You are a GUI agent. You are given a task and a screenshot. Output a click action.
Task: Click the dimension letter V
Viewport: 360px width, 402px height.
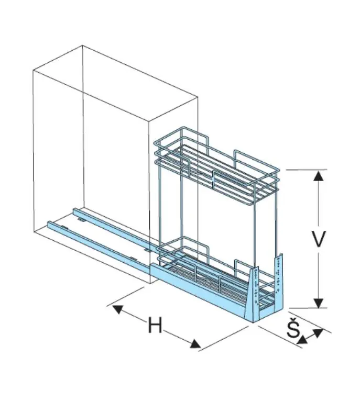pyautogui.click(x=319, y=239)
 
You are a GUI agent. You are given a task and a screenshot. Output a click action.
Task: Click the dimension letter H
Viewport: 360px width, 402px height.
pyautogui.click(x=155, y=325)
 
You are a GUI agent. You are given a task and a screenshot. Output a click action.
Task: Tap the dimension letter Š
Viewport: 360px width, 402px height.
pyautogui.click(x=293, y=328)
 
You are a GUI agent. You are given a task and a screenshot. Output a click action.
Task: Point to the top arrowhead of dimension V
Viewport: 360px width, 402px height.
pyautogui.click(x=319, y=176)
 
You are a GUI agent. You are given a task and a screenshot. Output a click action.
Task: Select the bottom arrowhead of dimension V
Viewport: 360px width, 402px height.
pyautogui.click(x=319, y=303)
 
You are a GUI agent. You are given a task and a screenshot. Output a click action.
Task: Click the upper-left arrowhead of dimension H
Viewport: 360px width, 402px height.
pyautogui.click(x=117, y=309)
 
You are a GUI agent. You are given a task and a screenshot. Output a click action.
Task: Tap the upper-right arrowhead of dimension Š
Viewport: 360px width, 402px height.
pyautogui.click(x=319, y=333)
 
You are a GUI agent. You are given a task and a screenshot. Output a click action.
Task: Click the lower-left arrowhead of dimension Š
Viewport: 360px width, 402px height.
pyautogui.click(x=302, y=340)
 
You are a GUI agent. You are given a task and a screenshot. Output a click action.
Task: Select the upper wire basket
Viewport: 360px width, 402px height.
pyautogui.click(x=217, y=166)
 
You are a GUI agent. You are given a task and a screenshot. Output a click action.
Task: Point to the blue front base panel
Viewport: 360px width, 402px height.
pyautogui.click(x=198, y=288)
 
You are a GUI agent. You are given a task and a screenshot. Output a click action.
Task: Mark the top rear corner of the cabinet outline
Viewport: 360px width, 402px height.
pyautogui.click(x=82, y=46)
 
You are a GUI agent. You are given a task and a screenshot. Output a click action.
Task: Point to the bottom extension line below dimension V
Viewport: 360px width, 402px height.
pyautogui.click(x=308, y=308)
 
